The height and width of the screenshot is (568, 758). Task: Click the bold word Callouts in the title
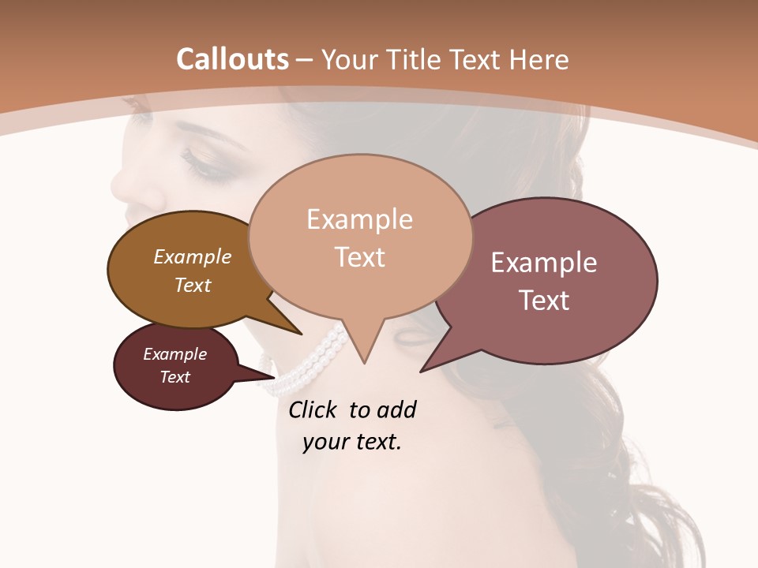(x=232, y=59)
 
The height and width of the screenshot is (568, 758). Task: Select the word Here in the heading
(x=540, y=60)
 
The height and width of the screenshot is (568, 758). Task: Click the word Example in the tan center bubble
(x=359, y=219)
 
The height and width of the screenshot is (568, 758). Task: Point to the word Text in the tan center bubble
(x=359, y=257)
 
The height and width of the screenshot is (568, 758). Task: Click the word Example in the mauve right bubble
(x=544, y=263)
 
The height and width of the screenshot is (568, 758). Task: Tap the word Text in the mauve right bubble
(x=544, y=301)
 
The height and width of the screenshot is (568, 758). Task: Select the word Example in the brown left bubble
(x=193, y=257)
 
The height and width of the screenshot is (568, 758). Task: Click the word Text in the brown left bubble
(x=193, y=286)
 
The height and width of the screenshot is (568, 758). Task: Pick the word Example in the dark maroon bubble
(x=175, y=354)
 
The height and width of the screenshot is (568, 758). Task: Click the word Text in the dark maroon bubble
(x=175, y=377)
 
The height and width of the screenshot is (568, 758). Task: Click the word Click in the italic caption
(x=313, y=410)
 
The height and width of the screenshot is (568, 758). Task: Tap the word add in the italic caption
(x=396, y=410)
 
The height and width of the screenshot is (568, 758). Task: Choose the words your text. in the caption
(x=352, y=443)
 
